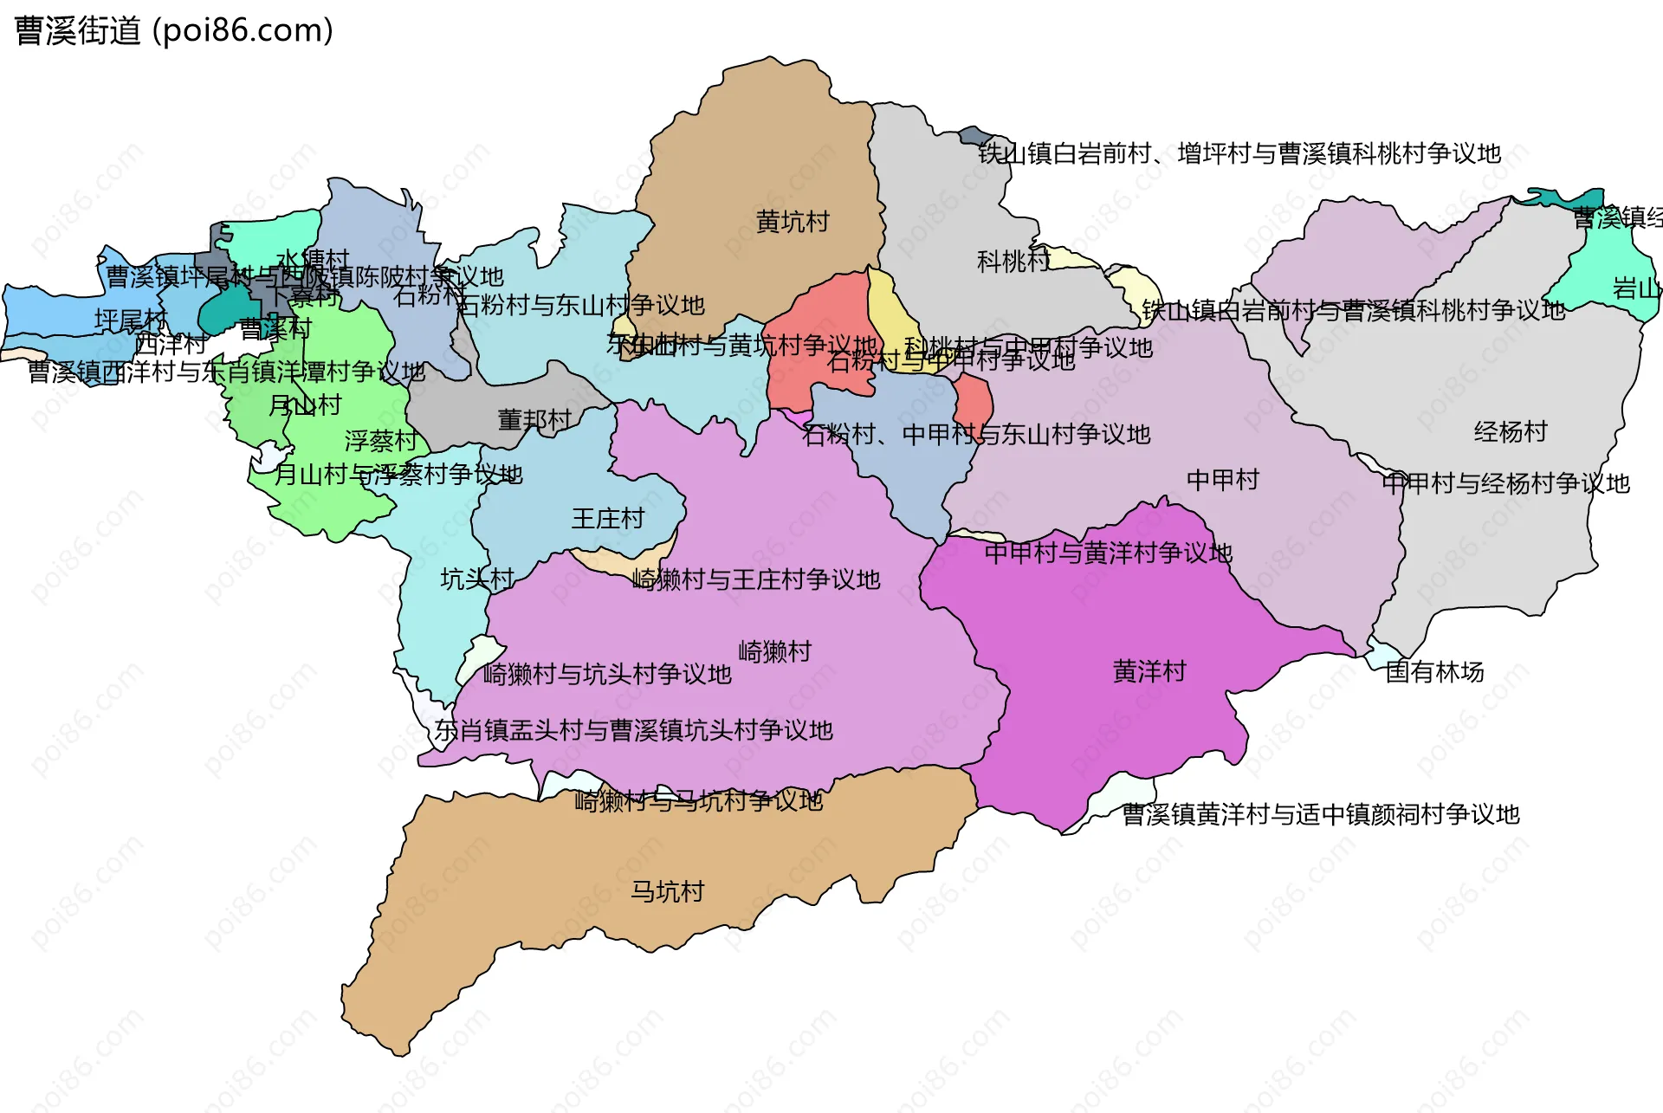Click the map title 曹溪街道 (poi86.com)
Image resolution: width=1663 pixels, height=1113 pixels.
173,31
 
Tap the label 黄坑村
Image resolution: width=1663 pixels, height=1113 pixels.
792,222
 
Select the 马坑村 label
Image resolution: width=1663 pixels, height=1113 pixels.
667,891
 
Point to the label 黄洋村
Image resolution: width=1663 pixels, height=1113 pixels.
1149,671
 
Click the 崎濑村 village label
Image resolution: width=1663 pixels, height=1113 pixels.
774,651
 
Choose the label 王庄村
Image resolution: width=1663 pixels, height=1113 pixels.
607,519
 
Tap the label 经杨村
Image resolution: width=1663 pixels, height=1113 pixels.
1510,431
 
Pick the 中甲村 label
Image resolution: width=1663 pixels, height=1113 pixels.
1222,479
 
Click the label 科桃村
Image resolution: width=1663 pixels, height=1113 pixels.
1013,261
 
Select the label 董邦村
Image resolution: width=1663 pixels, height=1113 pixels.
534,420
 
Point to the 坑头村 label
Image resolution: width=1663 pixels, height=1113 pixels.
476,579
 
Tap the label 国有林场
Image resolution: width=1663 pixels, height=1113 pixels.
1434,671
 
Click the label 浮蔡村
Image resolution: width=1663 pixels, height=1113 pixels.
380,441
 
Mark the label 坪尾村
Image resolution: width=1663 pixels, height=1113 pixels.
130,320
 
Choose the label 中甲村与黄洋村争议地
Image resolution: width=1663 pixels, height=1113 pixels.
1108,553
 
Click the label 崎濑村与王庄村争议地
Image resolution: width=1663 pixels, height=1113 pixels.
755,579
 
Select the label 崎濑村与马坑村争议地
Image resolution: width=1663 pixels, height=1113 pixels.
698,801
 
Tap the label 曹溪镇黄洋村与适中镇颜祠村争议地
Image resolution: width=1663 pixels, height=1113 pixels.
1320,814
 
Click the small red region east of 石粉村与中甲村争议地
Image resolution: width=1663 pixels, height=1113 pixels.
974,403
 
